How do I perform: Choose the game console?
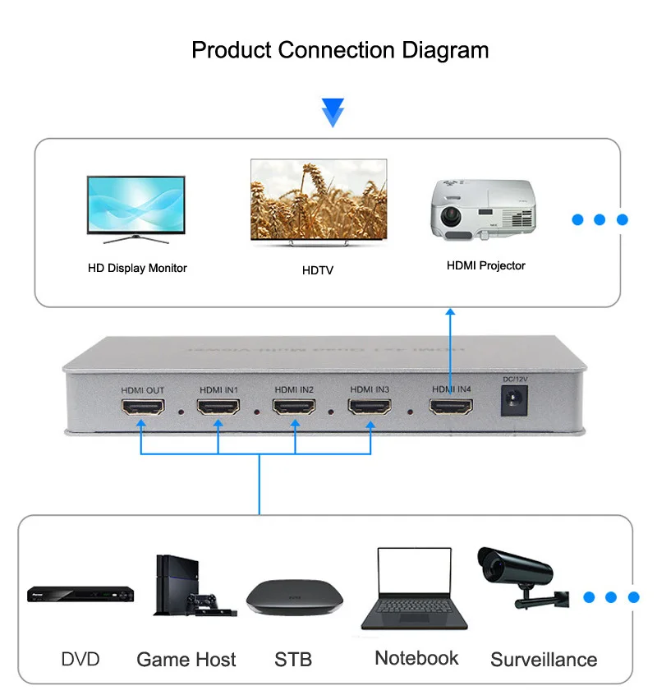pos(186,586)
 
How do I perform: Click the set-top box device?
pos(293,597)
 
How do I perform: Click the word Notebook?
pos(416,658)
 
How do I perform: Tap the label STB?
pos(293,660)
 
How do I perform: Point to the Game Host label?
pos(186,660)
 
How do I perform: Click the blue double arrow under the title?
pos(333,112)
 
